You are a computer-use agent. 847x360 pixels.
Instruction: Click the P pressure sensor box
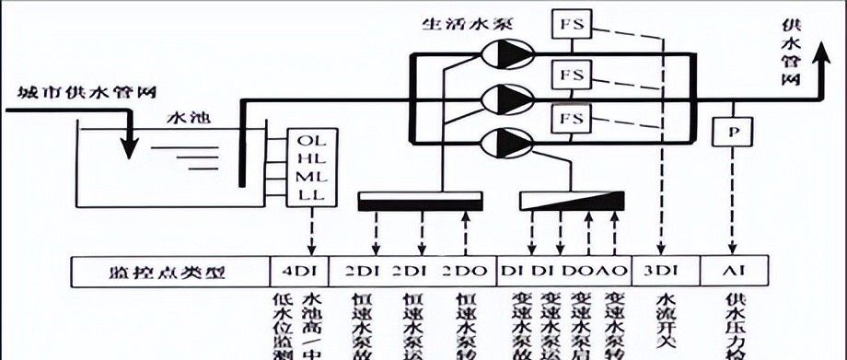(733, 133)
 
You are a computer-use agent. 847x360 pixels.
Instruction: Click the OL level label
(313, 141)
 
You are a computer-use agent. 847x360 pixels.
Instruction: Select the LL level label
(313, 195)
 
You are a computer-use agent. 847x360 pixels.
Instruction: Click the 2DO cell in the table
(462, 272)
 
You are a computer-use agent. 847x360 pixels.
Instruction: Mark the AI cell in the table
(733, 272)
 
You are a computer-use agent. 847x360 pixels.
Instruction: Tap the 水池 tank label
(186, 119)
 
